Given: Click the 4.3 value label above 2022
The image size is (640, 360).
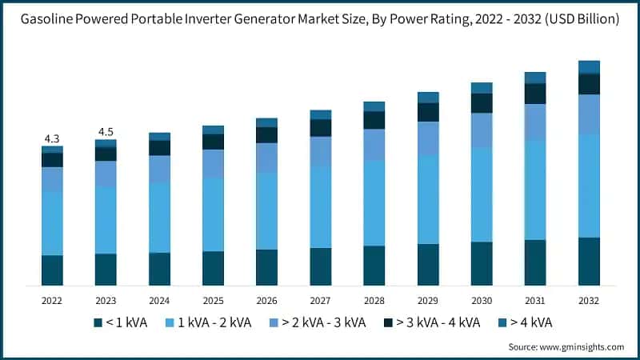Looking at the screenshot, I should pos(52,138).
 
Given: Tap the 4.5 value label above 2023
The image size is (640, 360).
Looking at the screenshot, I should pos(106,132).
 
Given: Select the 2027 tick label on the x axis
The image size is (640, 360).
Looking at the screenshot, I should pos(320,300).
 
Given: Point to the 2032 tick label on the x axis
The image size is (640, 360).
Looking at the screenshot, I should pos(589,300).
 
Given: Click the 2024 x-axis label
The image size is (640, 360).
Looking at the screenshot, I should pos(159,300).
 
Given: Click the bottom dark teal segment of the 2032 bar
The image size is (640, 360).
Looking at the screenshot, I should pos(589,261).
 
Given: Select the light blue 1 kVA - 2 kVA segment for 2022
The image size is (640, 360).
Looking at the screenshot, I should pos(52,223).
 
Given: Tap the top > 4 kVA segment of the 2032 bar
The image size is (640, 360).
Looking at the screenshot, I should pos(589,67).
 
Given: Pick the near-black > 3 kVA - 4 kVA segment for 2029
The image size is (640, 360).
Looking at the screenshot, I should pos(428,112).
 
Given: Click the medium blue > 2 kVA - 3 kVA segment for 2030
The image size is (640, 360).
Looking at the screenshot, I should pos(482,130).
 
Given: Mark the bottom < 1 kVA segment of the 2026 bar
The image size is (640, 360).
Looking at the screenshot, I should pos(266,267).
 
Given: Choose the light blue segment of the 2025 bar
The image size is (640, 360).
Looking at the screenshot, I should pos(213,214).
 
